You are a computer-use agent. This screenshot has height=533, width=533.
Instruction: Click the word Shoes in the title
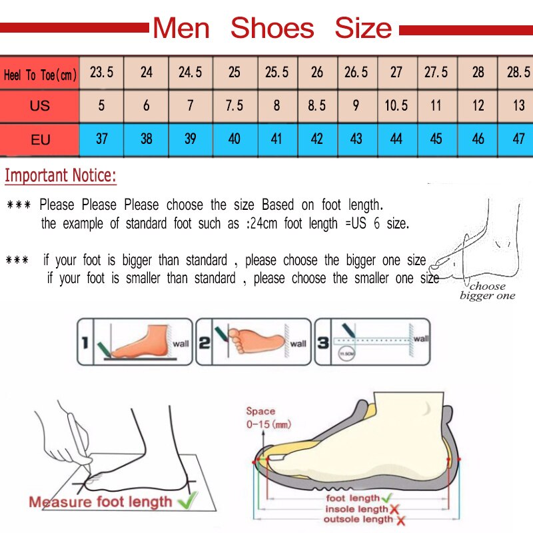[272, 28]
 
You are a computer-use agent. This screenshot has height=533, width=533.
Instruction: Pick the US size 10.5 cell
[396, 105]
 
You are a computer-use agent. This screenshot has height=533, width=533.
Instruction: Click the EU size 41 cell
[276, 139]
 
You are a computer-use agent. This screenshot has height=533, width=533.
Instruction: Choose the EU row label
[40, 140]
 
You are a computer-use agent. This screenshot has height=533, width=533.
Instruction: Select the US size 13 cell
[518, 105]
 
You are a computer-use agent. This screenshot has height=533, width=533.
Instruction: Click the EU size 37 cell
[102, 139]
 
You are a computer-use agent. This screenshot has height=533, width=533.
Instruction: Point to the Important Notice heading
[61, 177]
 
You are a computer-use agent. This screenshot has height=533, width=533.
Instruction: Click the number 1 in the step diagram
[85, 343]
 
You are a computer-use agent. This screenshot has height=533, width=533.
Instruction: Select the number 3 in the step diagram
[322, 342]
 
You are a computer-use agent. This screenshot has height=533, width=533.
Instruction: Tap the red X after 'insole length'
[396, 509]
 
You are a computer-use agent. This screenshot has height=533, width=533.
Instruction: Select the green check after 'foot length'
[387, 498]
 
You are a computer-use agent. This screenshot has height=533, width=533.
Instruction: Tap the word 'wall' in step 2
[298, 344]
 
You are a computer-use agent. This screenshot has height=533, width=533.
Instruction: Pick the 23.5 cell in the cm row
[102, 72]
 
